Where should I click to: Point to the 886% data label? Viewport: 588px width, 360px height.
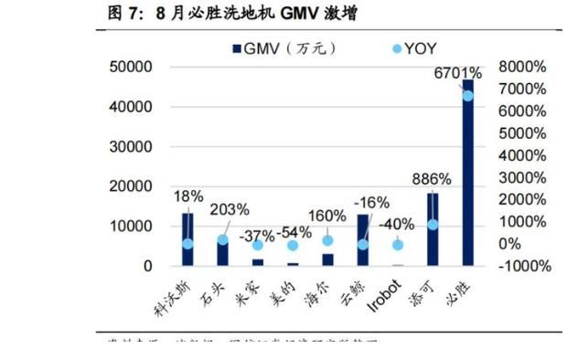431,179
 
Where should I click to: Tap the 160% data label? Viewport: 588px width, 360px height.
327,217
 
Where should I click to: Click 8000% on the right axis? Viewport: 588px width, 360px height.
523,67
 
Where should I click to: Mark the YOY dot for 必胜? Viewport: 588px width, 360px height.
467,96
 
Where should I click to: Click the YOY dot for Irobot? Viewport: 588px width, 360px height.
397,245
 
